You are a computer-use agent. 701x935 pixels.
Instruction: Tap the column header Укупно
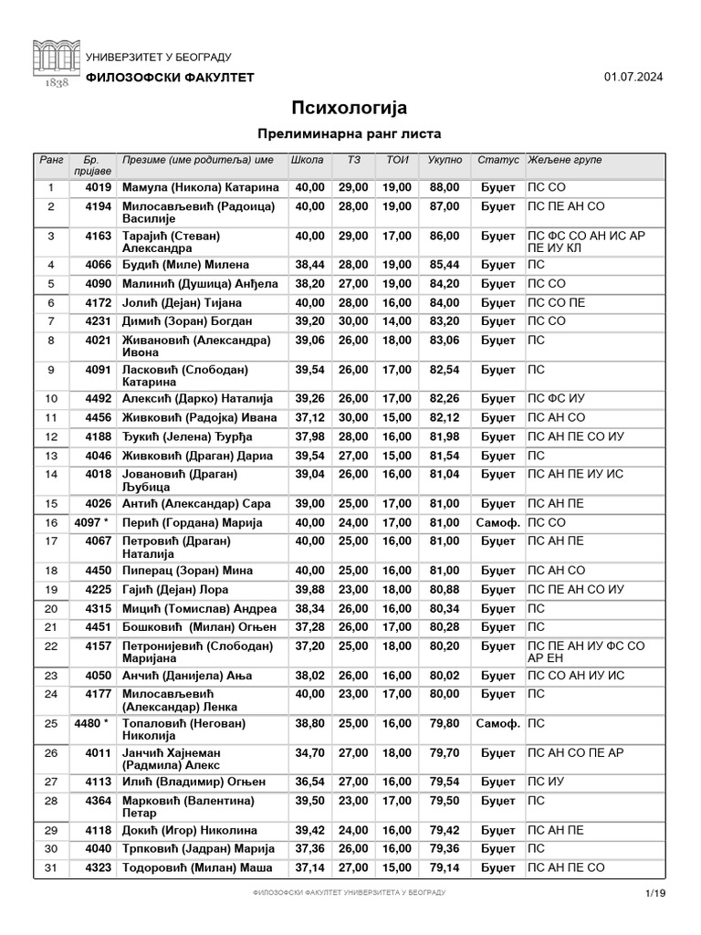(445, 161)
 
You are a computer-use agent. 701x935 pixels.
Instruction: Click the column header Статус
(498, 161)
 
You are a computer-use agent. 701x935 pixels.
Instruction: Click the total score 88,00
(445, 187)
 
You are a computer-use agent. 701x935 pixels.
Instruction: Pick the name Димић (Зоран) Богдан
(186, 321)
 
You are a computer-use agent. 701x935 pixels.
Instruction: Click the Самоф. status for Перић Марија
(498, 523)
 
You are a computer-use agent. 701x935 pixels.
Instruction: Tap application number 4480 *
(91, 724)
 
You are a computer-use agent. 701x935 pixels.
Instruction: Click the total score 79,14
(445, 867)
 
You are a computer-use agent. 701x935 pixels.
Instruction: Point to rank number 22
(51, 646)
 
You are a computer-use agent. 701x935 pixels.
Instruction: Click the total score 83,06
(445, 341)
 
